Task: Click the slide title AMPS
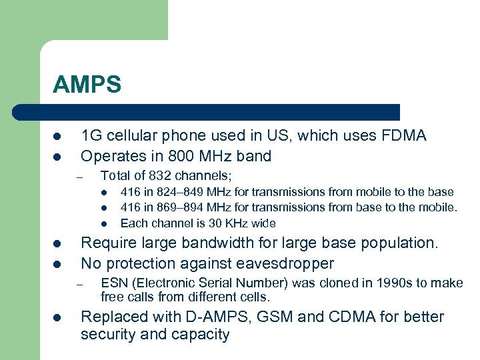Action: [x=87, y=85]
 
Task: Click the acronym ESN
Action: [x=113, y=283]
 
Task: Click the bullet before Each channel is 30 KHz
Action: [x=105, y=224]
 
